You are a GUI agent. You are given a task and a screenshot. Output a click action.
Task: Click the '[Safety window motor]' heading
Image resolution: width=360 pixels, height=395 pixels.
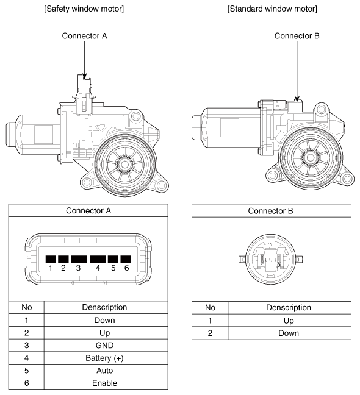pos(84,9)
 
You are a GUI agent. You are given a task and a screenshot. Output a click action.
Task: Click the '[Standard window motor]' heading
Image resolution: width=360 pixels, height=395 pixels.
pos(272,9)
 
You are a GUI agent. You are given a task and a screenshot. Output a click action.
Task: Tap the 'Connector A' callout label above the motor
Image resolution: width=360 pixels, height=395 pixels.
pos(84,36)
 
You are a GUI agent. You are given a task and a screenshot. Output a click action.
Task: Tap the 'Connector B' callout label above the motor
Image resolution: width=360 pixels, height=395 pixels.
pos(297,36)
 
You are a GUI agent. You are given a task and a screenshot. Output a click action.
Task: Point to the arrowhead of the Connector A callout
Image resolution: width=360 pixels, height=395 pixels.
pos(84,76)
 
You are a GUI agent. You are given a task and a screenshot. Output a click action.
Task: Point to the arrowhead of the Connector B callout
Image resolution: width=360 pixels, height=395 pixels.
pos(297,99)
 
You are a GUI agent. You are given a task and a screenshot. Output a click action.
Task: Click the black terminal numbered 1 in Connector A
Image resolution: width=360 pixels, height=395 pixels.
pos(51,259)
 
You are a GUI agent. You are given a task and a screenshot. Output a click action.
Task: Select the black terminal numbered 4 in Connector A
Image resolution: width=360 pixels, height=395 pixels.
pos(98,259)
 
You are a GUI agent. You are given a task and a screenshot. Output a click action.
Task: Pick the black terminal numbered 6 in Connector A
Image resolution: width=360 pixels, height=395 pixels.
pos(126,259)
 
